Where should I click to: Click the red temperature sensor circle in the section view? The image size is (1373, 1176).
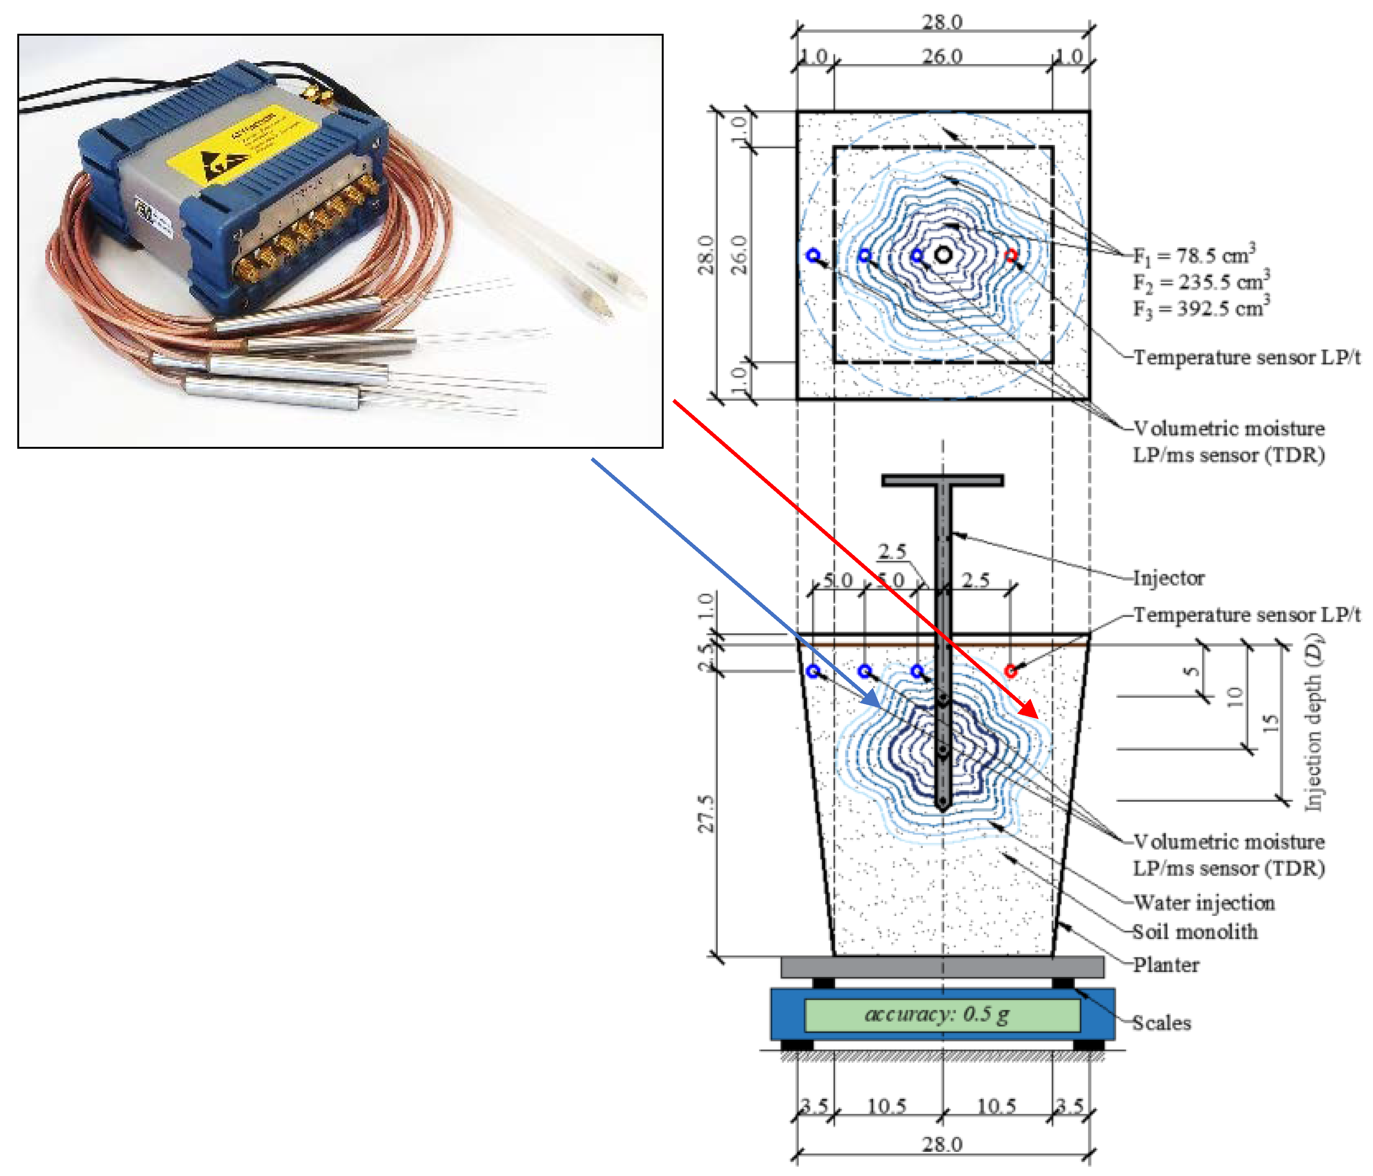point(1010,671)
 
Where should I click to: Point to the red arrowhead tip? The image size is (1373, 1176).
point(1037,718)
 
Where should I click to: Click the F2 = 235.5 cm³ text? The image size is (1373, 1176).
point(1201,282)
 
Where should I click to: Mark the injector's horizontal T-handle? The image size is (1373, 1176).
point(942,480)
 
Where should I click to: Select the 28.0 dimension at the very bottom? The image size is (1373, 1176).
point(942,1144)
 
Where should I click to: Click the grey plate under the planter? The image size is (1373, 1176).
point(942,967)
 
